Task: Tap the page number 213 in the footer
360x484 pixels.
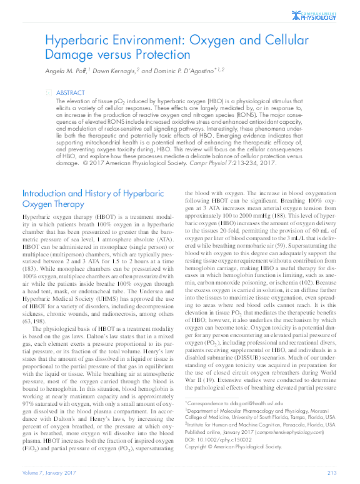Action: point(332,472)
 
